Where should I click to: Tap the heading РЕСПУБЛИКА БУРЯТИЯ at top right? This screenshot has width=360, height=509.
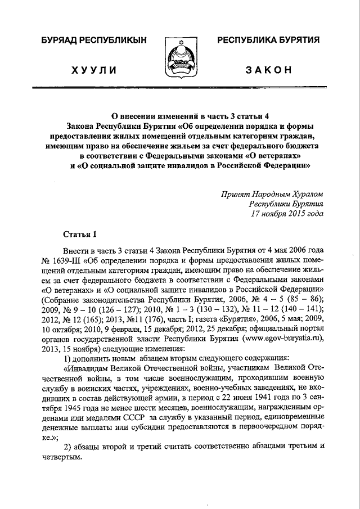268,40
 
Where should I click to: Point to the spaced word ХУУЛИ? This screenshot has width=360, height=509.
94,70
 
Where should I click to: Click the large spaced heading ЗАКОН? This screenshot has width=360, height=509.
268,70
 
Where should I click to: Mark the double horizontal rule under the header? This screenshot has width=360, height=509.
180,89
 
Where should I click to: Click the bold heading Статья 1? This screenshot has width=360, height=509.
80,234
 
